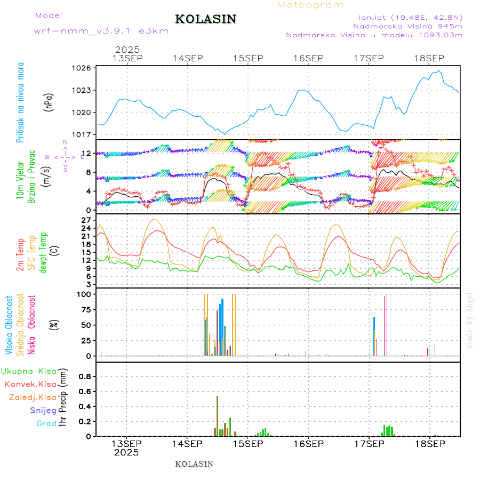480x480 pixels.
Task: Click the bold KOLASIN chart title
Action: (x=205, y=19)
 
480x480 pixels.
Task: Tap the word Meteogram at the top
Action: (x=311, y=5)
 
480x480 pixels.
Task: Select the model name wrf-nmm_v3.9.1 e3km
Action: (x=101, y=31)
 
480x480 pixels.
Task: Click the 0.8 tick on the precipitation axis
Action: (x=85, y=376)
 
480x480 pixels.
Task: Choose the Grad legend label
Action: (x=46, y=423)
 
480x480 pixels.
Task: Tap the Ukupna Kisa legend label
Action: (x=29, y=371)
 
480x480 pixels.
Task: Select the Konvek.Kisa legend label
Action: (x=30, y=384)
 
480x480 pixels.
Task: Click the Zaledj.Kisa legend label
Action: (x=33, y=397)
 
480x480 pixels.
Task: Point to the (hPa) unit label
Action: (x=49, y=101)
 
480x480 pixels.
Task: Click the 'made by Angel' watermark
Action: (x=470, y=320)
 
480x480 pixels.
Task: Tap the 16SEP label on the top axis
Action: (x=308, y=58)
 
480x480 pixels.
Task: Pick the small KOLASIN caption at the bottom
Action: (x=194, y=464)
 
